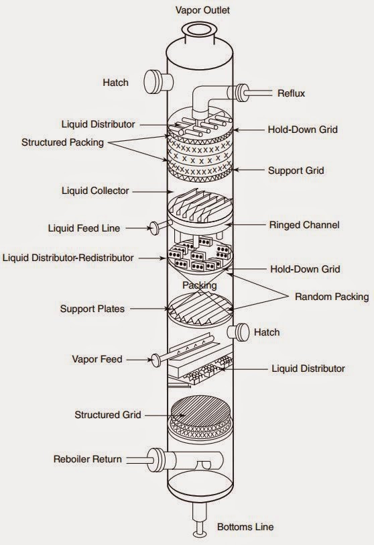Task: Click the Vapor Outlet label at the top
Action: (x=202, y=10)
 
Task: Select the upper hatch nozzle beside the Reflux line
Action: (x=158, y=82)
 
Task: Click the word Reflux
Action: (x=291, y=93)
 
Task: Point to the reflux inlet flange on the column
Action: (x=241, y=93)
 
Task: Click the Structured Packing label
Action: (x=62, y=142)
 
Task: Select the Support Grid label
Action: (x=296, y=170)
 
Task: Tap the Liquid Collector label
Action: (x=95, y=191)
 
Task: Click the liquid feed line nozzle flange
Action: (x=153, y=228)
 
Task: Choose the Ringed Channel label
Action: (x=304, y=225)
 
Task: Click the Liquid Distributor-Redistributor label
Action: (x=68, y=258)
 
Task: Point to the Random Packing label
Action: (x=332, y=297)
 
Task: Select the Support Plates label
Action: (x=92, y=309)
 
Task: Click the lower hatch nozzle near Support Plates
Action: (x=239, y=332)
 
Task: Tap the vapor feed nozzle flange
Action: (x=156, y=360)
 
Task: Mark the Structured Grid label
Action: (x=107, y=415)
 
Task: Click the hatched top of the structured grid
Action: (x=201, y=411)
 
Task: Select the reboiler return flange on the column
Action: (x=155, y=460)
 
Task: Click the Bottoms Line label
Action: (x=245, y=527)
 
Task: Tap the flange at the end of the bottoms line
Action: (x=200, y=534)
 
